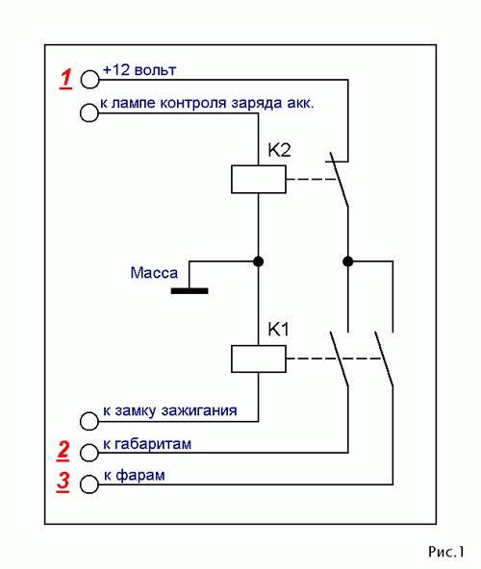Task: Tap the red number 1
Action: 65,79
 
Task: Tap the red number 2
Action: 63,451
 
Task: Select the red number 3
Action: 63,482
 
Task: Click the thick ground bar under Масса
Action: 190,290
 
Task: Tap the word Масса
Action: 154,273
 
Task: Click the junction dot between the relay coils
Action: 259,261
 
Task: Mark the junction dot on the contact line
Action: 347,261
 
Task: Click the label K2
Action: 279,150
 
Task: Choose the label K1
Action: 278,330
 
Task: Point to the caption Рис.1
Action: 446,552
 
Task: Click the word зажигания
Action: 199,410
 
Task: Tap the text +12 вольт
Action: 139,70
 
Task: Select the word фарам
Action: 140,476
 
